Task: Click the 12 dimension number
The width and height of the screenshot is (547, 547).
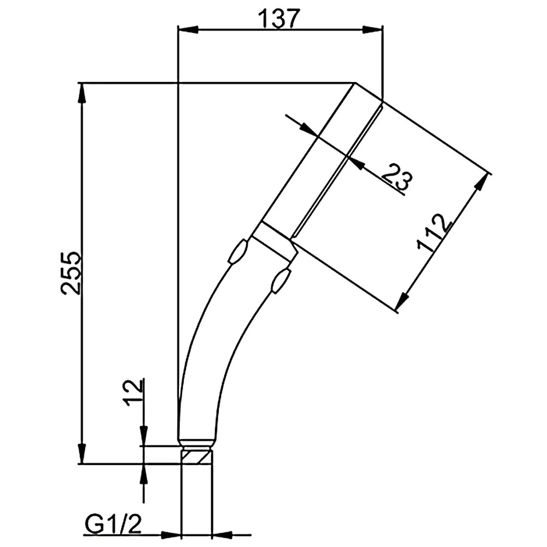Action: point(133,392)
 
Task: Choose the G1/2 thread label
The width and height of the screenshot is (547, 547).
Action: point(113,523)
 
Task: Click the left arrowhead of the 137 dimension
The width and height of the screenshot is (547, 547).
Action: point(188,30)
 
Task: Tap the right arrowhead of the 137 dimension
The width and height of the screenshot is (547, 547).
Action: point(373,30)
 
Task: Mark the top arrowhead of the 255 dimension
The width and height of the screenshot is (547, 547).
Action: point(82,93)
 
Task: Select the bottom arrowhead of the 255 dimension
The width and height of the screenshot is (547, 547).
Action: point(82,453)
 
